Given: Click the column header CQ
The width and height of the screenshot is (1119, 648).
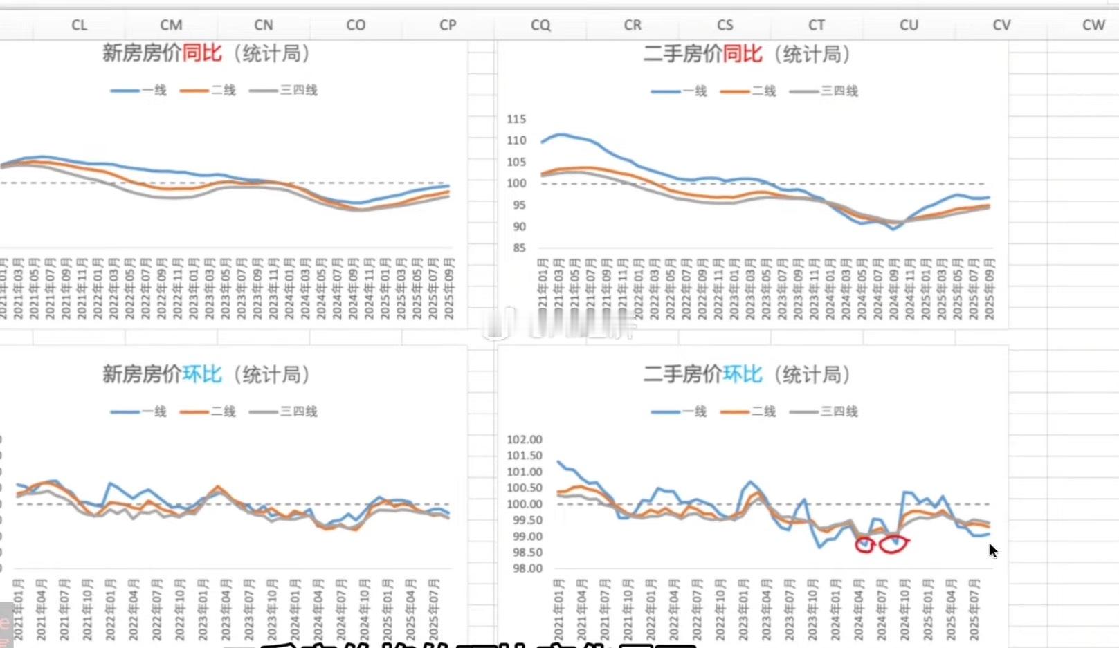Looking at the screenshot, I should pyautogui.click(x=540, y=25).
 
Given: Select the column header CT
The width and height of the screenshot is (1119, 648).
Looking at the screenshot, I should pyautogui.click(x=817, y=25).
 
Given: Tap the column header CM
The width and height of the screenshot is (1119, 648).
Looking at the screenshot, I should pyautogui.click(x=171, y=25).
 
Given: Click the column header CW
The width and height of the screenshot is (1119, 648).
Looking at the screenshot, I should pyautogui.click(x=1093, y=25).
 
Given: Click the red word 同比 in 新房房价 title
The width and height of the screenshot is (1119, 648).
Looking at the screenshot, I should pyautogui.click(x=202, y=53).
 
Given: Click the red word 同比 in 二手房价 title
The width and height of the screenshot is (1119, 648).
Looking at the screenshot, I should pyautogui.click(x=743, y=54).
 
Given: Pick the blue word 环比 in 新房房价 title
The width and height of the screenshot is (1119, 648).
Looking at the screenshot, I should pyautogui.click(x=202, y=374).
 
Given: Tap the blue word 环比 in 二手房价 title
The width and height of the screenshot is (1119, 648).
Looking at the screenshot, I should pyautogui.click(x=743, y=374).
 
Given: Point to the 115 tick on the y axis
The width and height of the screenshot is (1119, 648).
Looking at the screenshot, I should pyautogui.click(x=516, y=119).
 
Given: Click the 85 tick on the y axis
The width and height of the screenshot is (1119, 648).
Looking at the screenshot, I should pyautogui.click(x=519, y=248).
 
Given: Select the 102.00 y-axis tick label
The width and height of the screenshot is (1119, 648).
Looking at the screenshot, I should pyautogui.click(x=525, y=439).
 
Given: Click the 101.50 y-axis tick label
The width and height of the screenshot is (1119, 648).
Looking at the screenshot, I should pyautogui.click(x=525, y=455).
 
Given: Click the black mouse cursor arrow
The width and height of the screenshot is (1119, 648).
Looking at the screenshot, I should pyautogui.click(x=993, y=550).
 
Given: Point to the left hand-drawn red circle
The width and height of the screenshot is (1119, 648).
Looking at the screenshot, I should pyautogui.click(x=865, y=546).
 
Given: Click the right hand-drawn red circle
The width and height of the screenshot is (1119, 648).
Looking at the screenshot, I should pyautogui.click(x=894, y=545).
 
